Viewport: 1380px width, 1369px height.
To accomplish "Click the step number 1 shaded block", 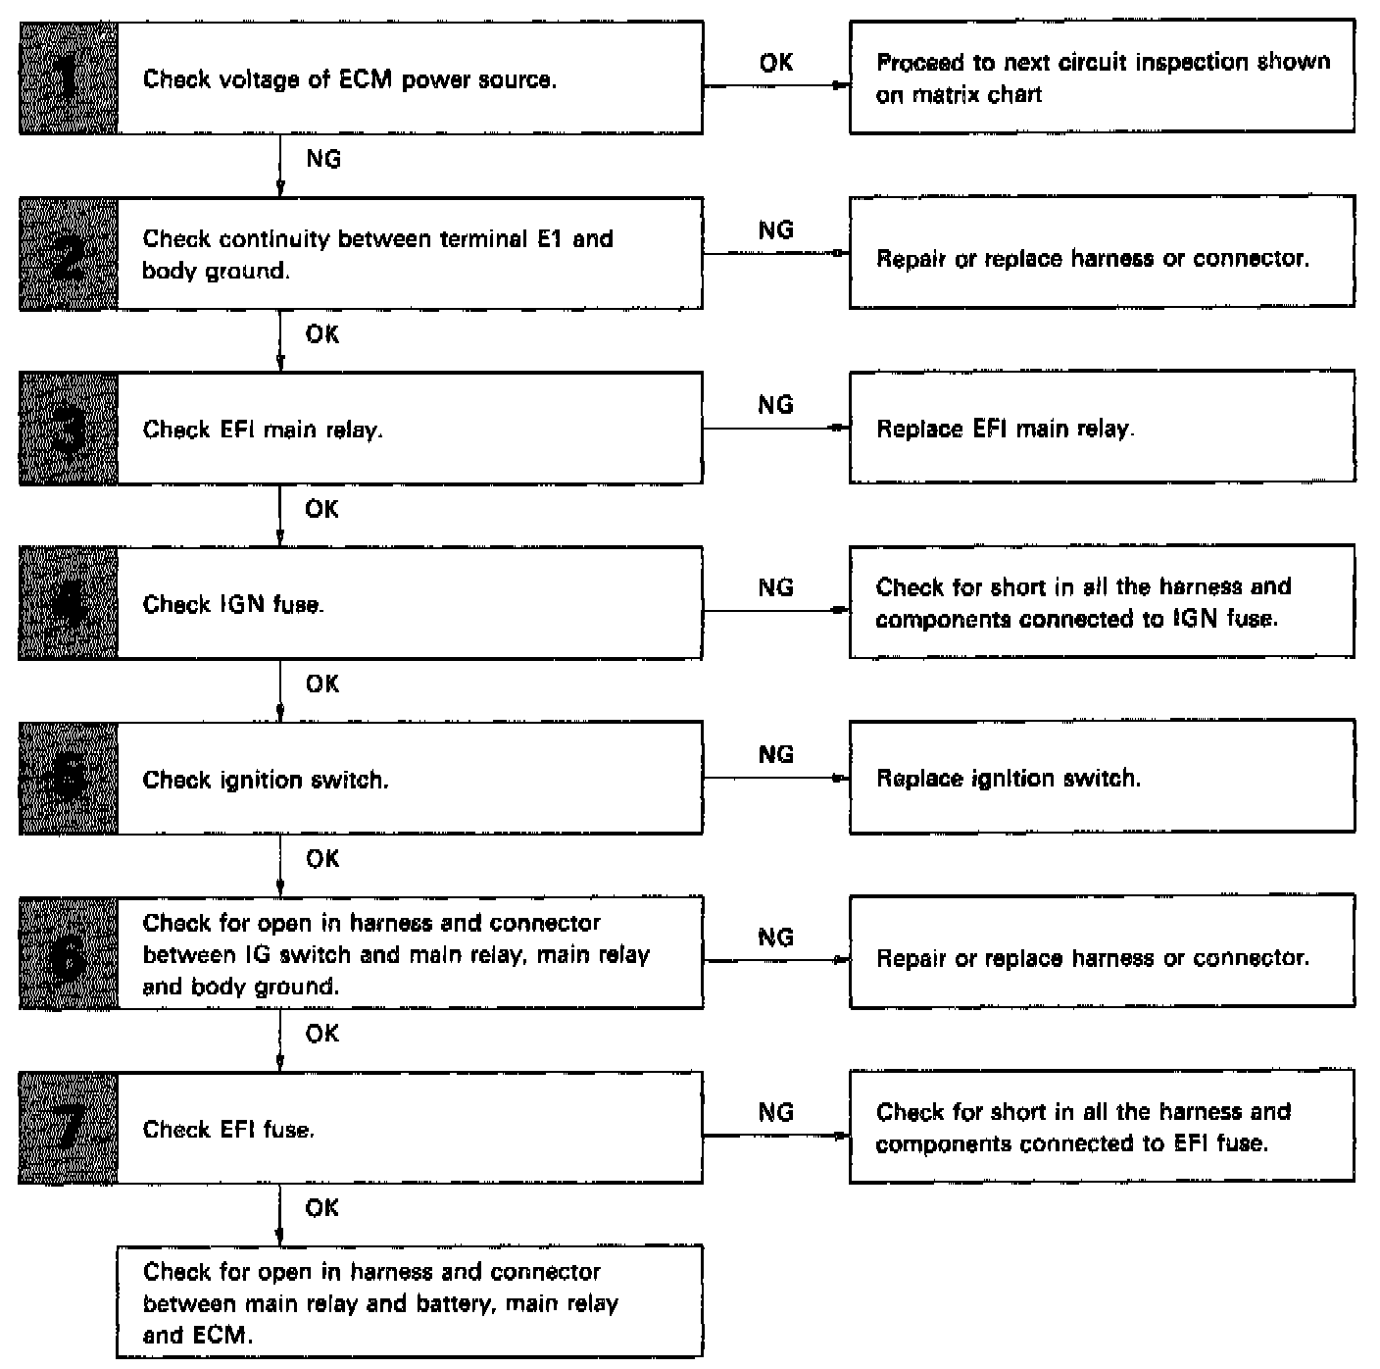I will click(69, 78).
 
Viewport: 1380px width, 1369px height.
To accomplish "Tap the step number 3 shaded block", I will click(69, 429).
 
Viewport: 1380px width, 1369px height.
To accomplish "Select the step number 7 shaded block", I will click(69, 1128).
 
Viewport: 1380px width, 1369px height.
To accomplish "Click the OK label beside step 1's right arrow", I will click(775, 63).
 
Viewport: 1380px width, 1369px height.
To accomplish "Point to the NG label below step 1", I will click(323, 159).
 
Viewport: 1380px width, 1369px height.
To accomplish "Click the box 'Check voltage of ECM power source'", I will click(410, 78).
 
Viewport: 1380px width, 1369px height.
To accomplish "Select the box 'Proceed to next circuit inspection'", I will click(1102, 77).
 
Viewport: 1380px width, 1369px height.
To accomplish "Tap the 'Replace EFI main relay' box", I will click(1102, 428).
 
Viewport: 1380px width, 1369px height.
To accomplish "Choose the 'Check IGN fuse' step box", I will click(410, 603).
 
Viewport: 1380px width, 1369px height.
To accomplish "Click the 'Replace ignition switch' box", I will click(1102, 778).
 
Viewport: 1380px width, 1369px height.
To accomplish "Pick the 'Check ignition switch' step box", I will click(410, 779).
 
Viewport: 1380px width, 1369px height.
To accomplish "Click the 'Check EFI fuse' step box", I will click(410, 1128).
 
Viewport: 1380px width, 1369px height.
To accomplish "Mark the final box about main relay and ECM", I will click(410, 1302).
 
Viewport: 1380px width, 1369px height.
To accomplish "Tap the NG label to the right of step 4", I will click(775, 587).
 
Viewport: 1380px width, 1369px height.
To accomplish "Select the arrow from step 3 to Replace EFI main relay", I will click(775, 429).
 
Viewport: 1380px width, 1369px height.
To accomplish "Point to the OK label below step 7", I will click(322, 1208).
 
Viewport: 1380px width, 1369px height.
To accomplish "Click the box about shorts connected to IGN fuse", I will click(1102, 602).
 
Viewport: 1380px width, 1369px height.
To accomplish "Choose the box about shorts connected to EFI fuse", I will click(1102, 1127).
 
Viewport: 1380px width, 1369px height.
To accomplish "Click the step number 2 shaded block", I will click(69, 254).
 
